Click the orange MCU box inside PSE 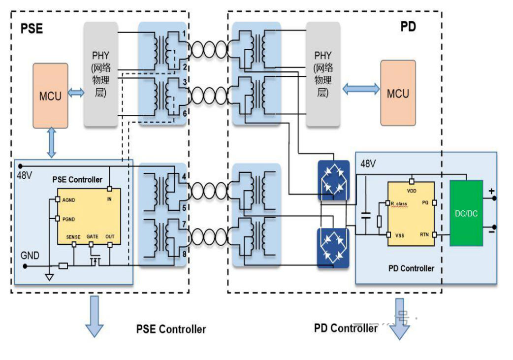(x=50, y=96)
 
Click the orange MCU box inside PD (x=398, y=93)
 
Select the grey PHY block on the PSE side (x=101, y=74)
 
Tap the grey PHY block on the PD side (x=323, y=74)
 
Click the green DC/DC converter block (x=466, y=213)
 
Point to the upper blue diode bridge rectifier (x=333, y=180)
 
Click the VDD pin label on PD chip (x=412, y=189)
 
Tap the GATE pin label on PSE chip (x=93, y=237)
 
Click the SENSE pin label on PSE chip (x=73, y=237)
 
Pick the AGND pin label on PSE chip (x=69, y=200)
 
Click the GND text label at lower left (x=30, y=256)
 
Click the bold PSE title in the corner (x=32, y=29)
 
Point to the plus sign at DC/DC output (x=491, y=191)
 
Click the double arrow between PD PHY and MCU (x=361, y=89)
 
